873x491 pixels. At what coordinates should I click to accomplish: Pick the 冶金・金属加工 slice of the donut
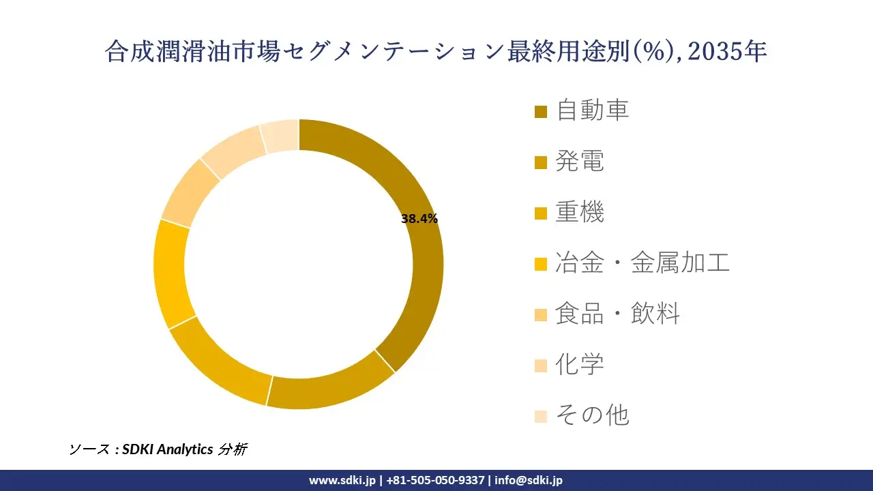pos(171,273)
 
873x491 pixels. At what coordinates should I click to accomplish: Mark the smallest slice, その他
pos(280,135)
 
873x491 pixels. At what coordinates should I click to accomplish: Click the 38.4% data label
pos(419,219)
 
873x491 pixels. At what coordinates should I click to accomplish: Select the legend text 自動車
pos(592,110)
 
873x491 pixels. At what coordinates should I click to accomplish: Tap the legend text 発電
pos(580,162)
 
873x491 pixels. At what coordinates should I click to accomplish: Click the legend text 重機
pos(580,212)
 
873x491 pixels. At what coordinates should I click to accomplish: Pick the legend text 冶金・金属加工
pos(642,263)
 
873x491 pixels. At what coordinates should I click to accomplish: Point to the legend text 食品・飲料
pos(617,314)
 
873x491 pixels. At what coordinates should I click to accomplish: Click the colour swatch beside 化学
pos(541,366)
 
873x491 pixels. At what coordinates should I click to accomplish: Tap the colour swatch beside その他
pos(541,416)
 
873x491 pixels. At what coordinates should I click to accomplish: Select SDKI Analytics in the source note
pos(168,449)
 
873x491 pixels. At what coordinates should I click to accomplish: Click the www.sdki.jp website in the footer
pos(342,480)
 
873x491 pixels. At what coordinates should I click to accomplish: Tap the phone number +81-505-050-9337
pos(437,480)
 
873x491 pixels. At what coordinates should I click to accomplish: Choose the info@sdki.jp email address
pos(529,480)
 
